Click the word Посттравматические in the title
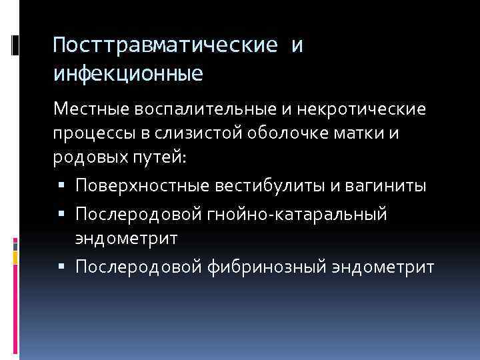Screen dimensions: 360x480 click(x=164, y=46)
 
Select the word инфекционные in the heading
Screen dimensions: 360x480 click(x=128, y=72)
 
